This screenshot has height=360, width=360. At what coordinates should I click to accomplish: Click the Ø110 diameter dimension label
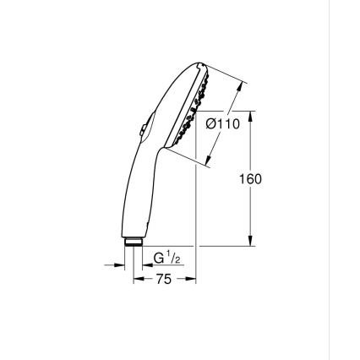pyautogui.click(x=224, y=124)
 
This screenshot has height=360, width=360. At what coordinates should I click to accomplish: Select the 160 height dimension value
pyautogui.click(x=251, y=179)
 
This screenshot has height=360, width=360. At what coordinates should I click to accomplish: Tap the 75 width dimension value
pyautogui.click(x=164, y=279)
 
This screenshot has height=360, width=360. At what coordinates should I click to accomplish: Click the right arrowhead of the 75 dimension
pyautogui.click(x=192, y=279)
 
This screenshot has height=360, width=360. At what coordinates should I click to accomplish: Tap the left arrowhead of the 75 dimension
pyautogui.click(x=137, y=279)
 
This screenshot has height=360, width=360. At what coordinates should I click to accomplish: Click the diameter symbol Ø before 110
pyautogui.click(x=211, y=124)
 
